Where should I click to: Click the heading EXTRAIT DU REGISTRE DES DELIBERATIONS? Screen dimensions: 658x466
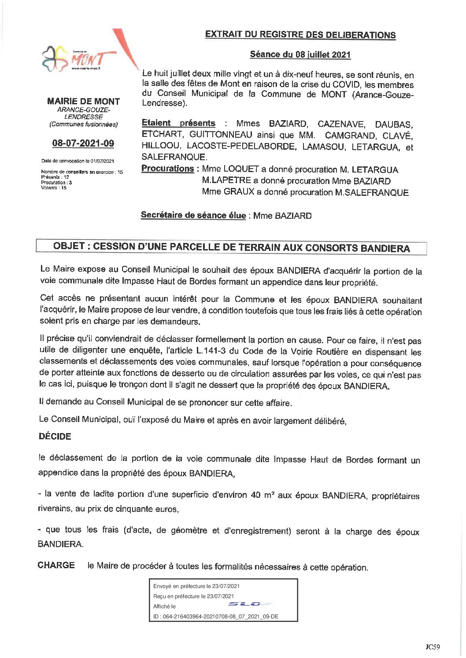pyautogui.click(x=300, y=35)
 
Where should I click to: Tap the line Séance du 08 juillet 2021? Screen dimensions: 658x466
pyautogui.click(x=300, y=55)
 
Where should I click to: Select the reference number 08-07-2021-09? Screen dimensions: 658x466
pyautogui.click(x=83, y=143)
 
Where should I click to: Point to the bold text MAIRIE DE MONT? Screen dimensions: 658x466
pyautogui.click(x=83, y=101)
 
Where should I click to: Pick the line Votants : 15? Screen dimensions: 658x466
pyautogui.click(x=54, y=187)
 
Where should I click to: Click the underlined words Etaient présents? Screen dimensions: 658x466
pyautogui.click(x=178, y=123)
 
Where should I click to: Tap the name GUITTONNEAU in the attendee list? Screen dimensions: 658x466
pyautogui.click(x=221, y=135)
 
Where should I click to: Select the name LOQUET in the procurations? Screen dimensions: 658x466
pyautogui.click(x=241, y=169)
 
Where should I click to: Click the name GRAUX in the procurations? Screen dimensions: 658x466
pyautogui.click(x=239, y=192)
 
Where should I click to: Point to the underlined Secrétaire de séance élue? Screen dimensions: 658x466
pyautogui.click(x=193, y=215)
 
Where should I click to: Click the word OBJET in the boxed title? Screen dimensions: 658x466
pyautogui.click(x=69, y=246)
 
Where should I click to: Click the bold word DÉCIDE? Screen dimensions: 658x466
pyautogui.click(x=55, y=437)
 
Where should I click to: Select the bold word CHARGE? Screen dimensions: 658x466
pyautogui.click(x=56, y=565)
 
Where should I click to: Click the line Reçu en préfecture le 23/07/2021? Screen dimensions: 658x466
pyautogui.click(x=193, y=596)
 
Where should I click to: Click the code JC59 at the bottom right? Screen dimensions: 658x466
pyautogui.click(x=433, y=647)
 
